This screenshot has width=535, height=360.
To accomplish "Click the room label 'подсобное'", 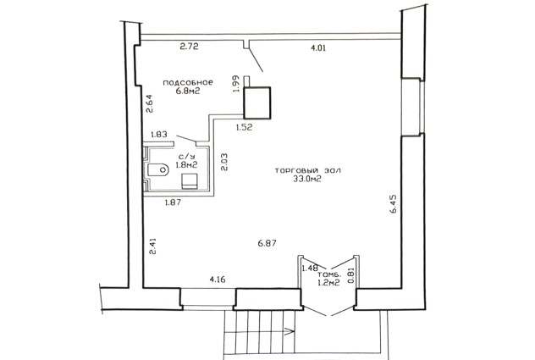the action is [x=188, y=83].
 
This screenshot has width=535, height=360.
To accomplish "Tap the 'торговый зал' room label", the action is [x=307, y=170].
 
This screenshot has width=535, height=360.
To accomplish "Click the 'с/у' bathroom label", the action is [x=186, y=157].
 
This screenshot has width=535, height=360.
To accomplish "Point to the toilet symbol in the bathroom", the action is [x=158, y=169].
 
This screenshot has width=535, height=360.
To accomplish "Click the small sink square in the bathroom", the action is [x=190, y=180].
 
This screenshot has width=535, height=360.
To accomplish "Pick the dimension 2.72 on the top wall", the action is [x=189, y=46].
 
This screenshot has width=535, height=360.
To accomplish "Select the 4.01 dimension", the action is [x=318, y=47].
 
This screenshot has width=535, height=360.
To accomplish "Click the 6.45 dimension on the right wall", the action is [x=393, y=204].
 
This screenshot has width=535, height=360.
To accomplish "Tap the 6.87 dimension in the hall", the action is [x=267, y=243].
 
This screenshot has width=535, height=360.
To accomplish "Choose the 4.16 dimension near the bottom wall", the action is [x=218, y=280].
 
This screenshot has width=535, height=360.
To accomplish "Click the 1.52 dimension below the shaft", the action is [x=245, y=127].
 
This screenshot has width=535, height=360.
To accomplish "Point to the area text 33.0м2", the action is [x=307, y=179].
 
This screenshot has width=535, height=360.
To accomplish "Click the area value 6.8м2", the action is [x=188, y=91].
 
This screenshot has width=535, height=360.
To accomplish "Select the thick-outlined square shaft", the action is [x=257, y=102].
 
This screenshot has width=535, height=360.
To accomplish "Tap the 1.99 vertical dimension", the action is [x=236, y=83].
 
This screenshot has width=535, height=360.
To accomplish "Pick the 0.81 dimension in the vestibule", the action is [x=350, y=275].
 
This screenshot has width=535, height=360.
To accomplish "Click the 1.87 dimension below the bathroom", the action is [x=173, y=202].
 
